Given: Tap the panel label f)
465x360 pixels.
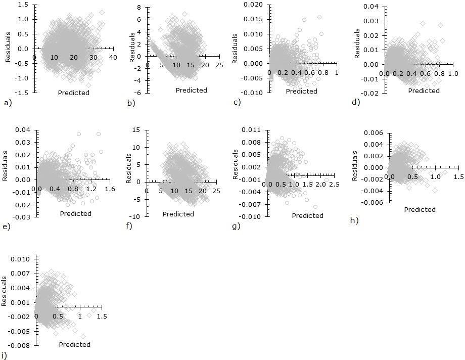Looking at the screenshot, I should [129, 226].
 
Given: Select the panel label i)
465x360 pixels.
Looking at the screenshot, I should [5, 355].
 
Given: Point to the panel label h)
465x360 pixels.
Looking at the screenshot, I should [354, 220].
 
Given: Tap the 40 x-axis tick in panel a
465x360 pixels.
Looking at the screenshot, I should [113, 58].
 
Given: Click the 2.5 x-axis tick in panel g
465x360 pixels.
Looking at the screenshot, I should [334, 185].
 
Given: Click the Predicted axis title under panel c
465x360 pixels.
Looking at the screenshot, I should [301, 92].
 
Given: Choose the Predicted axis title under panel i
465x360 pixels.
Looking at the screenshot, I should [74, 345].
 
